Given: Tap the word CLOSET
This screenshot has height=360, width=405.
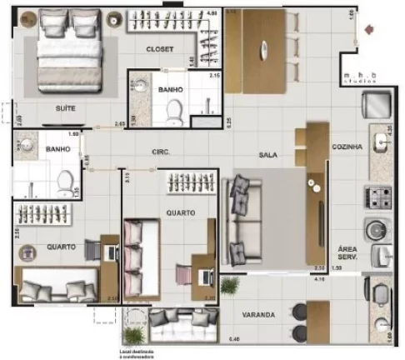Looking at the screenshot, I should tap(159, 49).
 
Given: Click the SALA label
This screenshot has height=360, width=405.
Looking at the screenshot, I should tap(267, 154).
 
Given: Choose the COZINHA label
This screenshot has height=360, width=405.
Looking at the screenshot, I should tap(347, 147).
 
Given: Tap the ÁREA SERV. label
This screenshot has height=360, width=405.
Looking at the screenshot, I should tap(348, 253).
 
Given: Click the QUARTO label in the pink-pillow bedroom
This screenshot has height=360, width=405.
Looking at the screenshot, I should tap(180, 212).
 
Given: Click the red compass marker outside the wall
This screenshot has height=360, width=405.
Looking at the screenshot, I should tap(370, 31).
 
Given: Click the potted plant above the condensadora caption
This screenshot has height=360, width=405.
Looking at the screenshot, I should tap(130, 336).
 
